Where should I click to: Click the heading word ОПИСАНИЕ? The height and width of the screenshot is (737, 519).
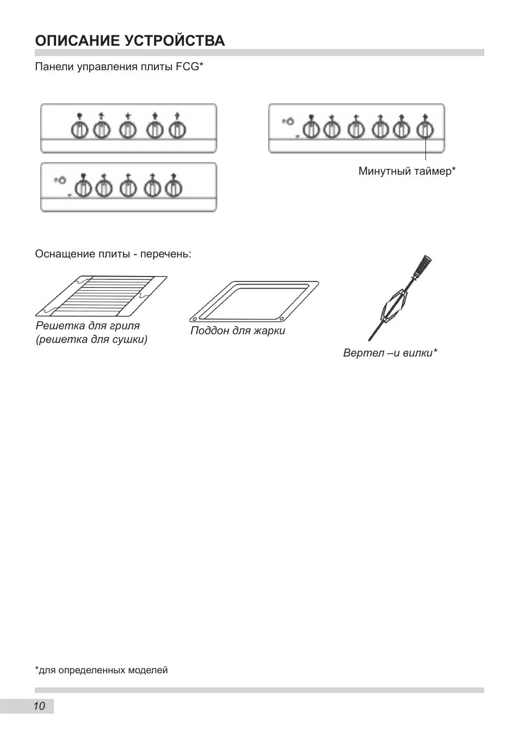tap(76, 41)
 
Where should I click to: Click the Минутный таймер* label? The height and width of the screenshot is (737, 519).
tap(406, 171)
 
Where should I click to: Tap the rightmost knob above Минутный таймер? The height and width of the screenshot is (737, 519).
tap(424, 130)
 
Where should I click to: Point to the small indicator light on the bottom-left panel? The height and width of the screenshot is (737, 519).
tap(61, 180)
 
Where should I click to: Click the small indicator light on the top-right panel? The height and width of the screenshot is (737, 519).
tap(289, 121)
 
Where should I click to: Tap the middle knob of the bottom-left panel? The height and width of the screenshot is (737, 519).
tap(128, 188)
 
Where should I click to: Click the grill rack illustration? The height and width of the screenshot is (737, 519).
tap(101, 296)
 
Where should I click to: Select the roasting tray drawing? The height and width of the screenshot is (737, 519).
tap(254, 301)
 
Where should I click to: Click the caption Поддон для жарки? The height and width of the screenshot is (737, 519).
tap(238, 330)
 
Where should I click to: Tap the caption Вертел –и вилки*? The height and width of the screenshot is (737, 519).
tap(390, 353)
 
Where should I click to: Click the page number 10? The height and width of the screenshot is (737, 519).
tap(39, 707)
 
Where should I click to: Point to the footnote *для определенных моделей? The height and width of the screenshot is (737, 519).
tap(101, 670)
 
